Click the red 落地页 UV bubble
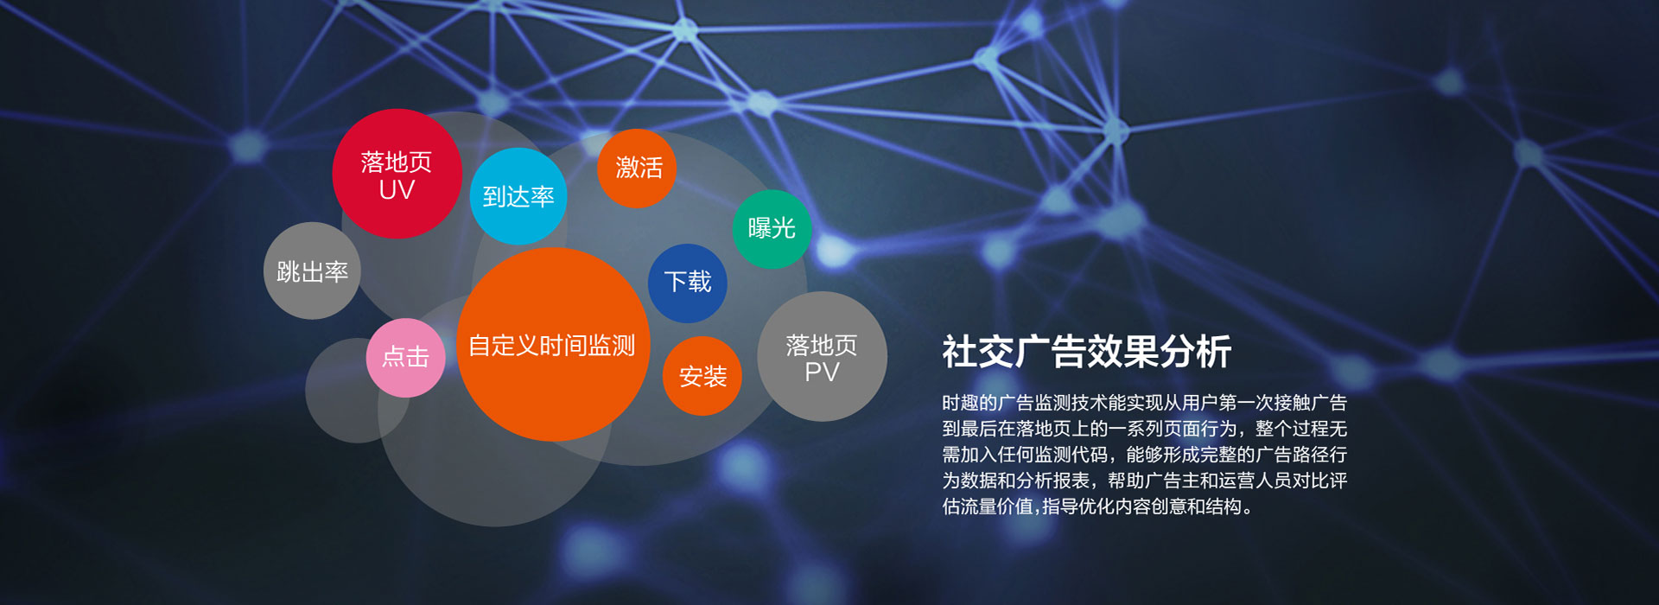click(x=397, y=174)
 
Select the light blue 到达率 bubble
click(x=518, y=196)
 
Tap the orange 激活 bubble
click(x=637, y=169)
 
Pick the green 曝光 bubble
click(x=772, y=229)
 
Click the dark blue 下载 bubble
click(x=688, y=283)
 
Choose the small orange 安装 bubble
click(x=702, y=376)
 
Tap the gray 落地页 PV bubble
click(x=822, y=356)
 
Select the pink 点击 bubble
click(x=406, y=358)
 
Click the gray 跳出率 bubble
click(x=312, y=271)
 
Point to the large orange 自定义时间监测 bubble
click(x=553, y=345)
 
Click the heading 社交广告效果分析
click(x=1087, y=352)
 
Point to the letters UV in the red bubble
click(x=397, y=190)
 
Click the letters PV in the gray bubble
click(x=822, y=373)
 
